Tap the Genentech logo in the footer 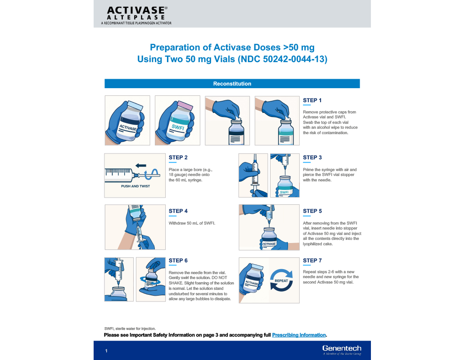click(342, 348)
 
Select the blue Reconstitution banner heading click(232, 84)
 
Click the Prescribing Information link click(299, 335)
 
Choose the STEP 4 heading click(178, 211)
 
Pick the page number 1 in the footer click(106, 351)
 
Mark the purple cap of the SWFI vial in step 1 click(184, 104)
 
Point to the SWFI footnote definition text click(130, 328)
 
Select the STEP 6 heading click(178, 261)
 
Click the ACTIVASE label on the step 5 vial click(269, 243)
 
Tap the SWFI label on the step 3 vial click(284, 192)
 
